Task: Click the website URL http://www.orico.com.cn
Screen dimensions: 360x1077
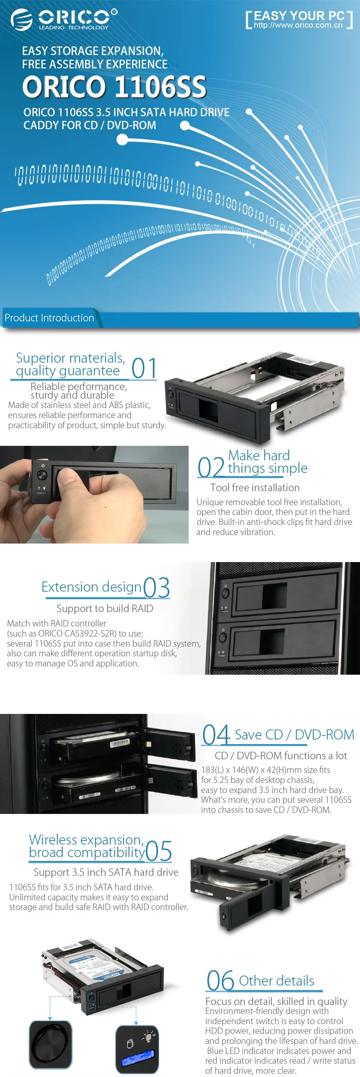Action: point(298,25)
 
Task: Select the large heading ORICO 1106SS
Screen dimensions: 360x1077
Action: point(114,87)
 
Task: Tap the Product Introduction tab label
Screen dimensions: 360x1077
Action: point(49,318)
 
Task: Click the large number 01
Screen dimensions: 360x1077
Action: point(144,368)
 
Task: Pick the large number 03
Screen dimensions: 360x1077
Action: point(156,587)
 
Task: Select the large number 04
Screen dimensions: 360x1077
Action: point(216,734)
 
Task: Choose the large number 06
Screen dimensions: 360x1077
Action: point(220,981)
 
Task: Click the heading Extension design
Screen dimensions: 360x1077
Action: point(91,587)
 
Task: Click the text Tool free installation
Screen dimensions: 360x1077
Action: point(255,488)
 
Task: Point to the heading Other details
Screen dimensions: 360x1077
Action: point(276,981)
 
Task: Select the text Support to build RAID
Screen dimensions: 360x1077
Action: point(105,608)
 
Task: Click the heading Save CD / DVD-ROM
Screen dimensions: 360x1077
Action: point(294,734)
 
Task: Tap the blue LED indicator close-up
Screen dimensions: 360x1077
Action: point(137,1049)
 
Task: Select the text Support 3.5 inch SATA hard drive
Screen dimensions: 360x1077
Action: point(106,872)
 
